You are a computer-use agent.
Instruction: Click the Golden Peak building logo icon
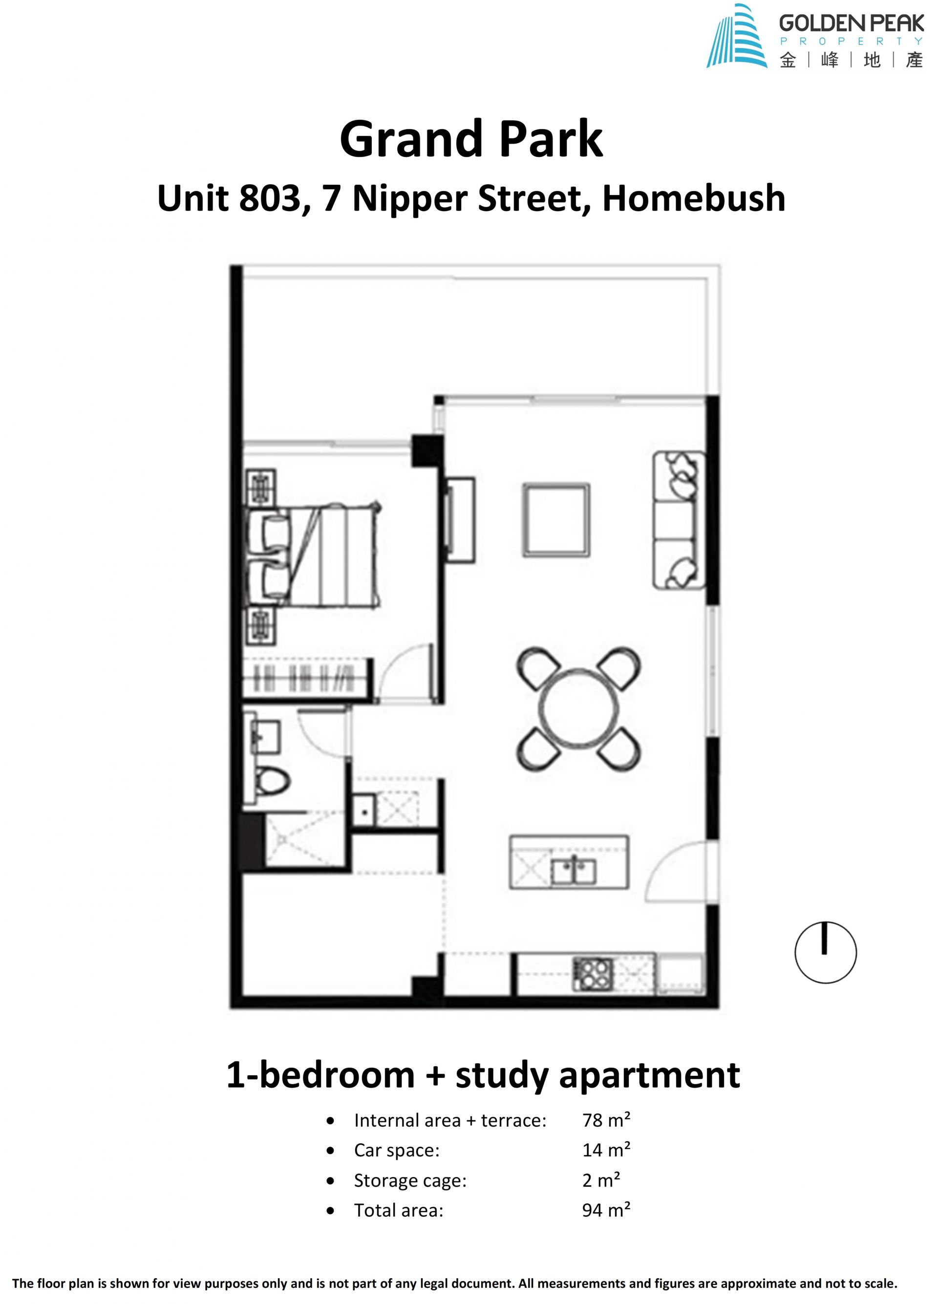(x=736, y=36)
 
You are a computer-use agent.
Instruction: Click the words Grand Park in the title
(x=471, y=139)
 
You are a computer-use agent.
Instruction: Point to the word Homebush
(x=693, y=198)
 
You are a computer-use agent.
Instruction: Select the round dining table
(x=577, y=709)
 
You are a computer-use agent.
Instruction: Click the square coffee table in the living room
(x=556, y=520)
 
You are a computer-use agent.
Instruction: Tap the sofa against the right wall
(x=679, y=520)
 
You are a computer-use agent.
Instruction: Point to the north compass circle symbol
(x=825, y=953)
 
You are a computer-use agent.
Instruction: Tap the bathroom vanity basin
(x=266, y=737)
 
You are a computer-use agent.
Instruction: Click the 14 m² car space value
(x=606, y=1150)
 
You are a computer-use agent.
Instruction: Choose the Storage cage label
(x=410, y=1180)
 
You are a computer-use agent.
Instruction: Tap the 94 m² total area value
(x=606, y=1210)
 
